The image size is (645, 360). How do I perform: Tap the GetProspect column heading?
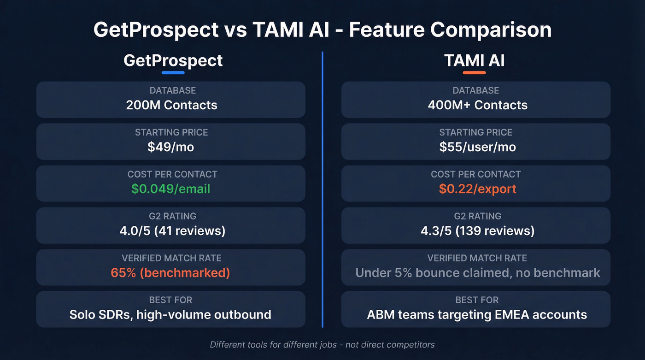pos(173,60)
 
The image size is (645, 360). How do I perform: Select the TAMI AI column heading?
pos(474,60)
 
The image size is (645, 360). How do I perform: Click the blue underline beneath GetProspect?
pos(173,72)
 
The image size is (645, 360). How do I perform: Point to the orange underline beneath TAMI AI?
pos(474,72)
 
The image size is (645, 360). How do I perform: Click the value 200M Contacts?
pos(171,105)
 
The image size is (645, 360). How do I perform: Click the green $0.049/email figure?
pos(170,189)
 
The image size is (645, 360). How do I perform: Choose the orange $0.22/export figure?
pos(477,189)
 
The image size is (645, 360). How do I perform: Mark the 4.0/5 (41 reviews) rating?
pos(172,230)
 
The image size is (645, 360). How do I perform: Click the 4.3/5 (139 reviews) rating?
pos(477,230)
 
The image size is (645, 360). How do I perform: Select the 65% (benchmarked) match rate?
pos(170,272)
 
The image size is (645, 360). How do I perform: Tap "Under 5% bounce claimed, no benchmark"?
pos(478,272)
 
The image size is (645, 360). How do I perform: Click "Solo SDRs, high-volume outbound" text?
pos(170,315)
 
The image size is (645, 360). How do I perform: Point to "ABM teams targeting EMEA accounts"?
pos(477,315)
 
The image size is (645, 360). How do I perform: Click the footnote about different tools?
pos(322,345)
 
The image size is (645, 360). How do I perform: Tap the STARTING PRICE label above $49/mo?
pos(171,132)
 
